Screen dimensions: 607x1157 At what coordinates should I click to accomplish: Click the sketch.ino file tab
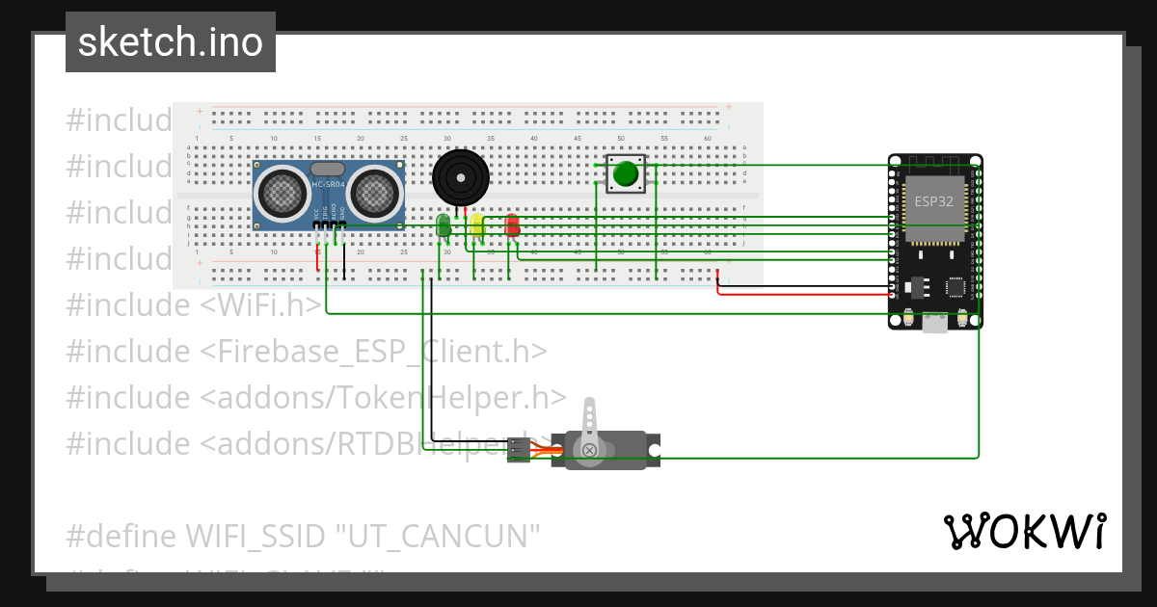click(x=171, y=42)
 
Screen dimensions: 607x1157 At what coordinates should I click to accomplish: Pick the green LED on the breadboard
click(x=443, y=225)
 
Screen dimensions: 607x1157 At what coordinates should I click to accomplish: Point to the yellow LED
click(x=476, y=225)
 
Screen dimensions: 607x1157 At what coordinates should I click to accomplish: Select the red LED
click(x=511, y=225)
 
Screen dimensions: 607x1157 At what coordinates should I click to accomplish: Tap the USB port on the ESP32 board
click(x=934, y=325)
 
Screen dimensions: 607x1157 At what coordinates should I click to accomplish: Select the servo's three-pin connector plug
click(x=519, y=450)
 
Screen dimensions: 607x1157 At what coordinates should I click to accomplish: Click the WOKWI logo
click(x=1024, y=531)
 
